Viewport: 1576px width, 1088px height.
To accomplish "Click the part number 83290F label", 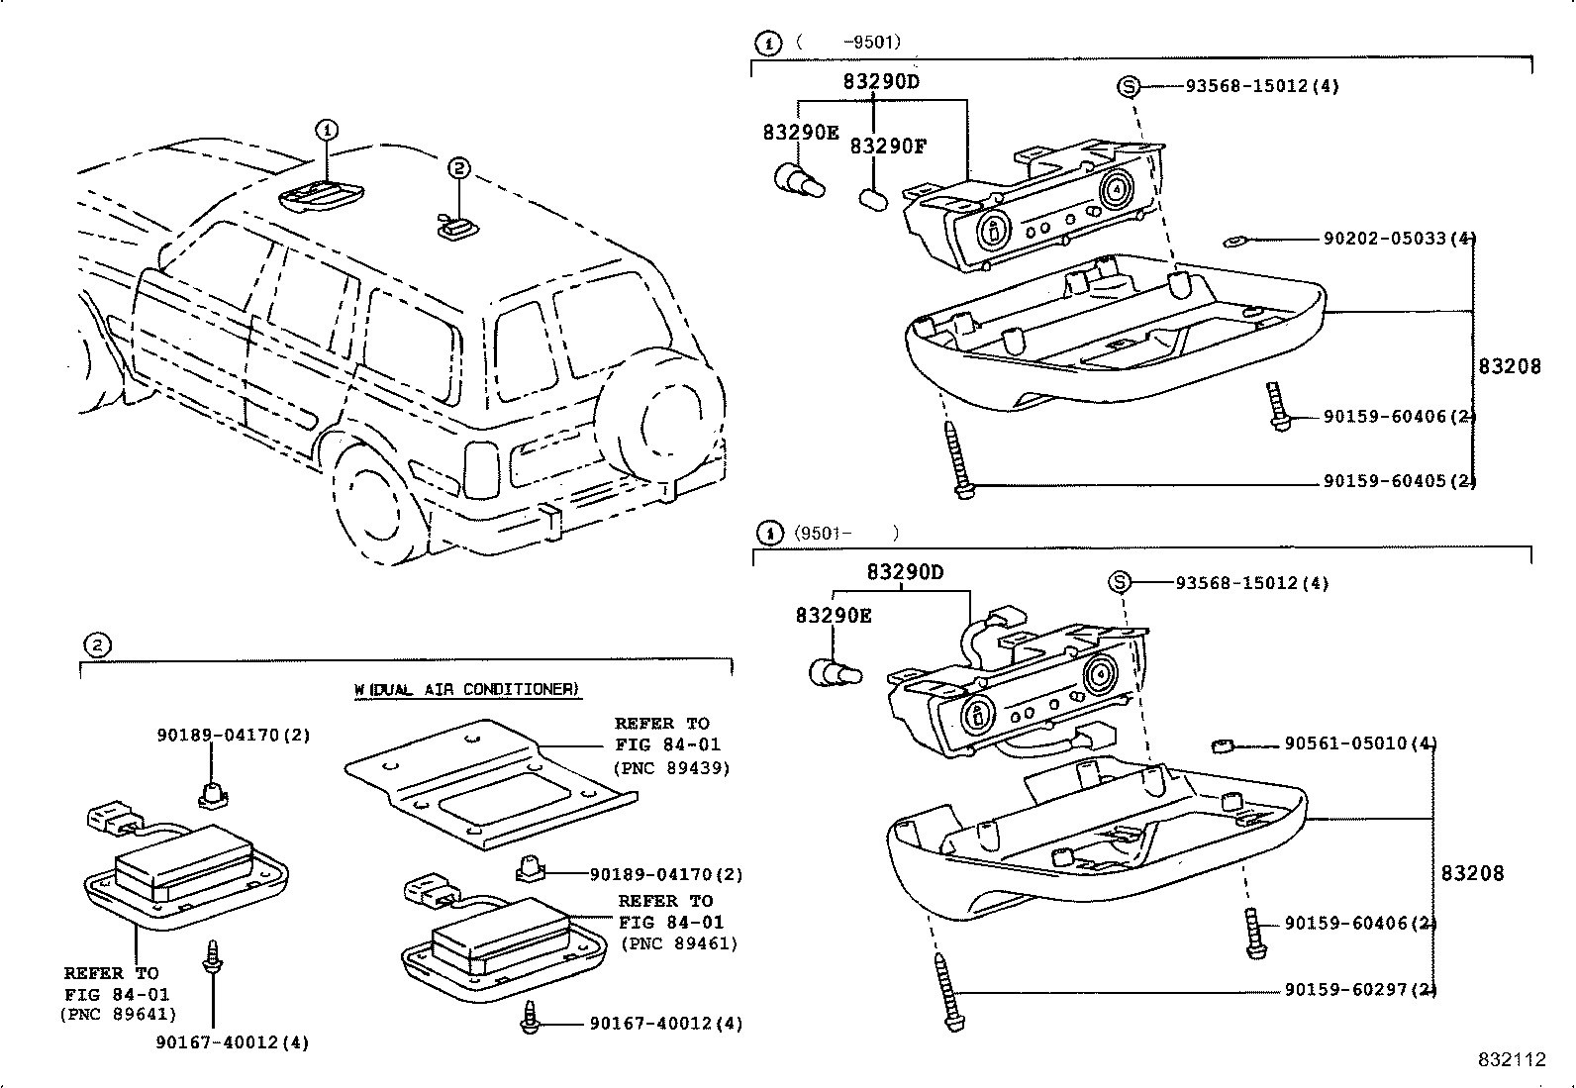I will [888, 147].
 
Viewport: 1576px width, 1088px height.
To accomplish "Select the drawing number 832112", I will [1512, 1059].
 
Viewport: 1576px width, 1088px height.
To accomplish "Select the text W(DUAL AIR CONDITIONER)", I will [466, 689].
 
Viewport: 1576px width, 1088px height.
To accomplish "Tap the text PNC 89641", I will [118, 1014].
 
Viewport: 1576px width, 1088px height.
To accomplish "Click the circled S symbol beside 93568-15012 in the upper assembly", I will [1128, 86].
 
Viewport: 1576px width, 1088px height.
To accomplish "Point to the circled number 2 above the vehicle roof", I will [457, 168].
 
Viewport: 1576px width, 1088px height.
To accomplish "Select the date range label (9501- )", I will [845, 533].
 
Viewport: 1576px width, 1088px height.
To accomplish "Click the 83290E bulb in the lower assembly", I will [835, 674].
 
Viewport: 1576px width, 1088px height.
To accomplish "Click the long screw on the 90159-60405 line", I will [958, 460].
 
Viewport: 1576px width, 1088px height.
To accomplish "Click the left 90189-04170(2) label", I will [234, 735].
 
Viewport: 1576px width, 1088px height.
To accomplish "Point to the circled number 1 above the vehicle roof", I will [327, 130].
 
